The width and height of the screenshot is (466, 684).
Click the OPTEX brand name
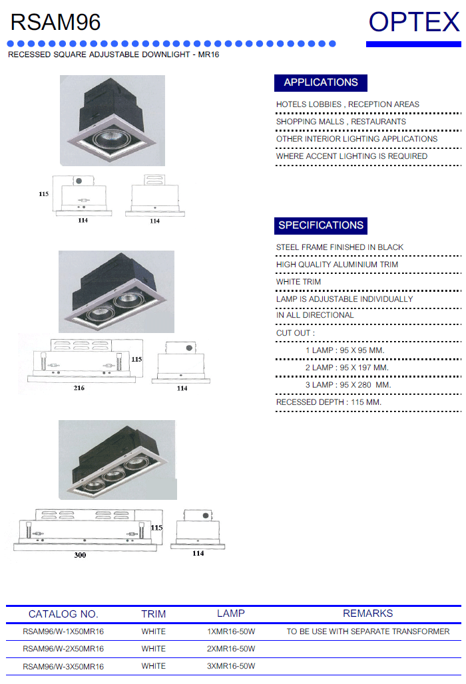point(414,22)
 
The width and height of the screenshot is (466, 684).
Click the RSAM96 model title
point(55,22)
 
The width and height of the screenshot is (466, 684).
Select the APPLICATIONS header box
point(321,83)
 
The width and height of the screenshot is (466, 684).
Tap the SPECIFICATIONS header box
point(321,225)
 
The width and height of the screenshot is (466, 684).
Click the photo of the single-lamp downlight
point(113,120)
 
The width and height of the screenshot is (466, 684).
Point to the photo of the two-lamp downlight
point(116,291)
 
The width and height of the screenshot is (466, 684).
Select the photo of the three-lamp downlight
point(117,460)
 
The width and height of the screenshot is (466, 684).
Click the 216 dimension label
point(79,388)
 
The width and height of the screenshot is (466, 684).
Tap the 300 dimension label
point(80,555)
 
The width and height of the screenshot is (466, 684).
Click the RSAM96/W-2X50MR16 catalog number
point(63,649)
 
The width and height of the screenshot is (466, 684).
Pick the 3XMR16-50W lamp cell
point(231,666)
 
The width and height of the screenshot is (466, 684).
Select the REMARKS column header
point(367,614)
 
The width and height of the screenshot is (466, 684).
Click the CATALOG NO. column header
point(63,614)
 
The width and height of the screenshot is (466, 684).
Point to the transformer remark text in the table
point(367,631)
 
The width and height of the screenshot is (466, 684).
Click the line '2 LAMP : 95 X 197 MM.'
point(347,368)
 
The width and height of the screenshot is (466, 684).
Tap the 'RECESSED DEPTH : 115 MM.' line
point(328,402)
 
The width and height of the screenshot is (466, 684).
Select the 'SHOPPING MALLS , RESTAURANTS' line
point(341,122)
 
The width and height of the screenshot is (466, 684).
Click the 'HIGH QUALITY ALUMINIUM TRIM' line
point(337,265)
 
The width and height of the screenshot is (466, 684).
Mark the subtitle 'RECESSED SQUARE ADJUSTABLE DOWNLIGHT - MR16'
point(114,55)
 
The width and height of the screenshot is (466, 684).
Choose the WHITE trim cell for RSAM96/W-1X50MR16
point(153,631)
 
